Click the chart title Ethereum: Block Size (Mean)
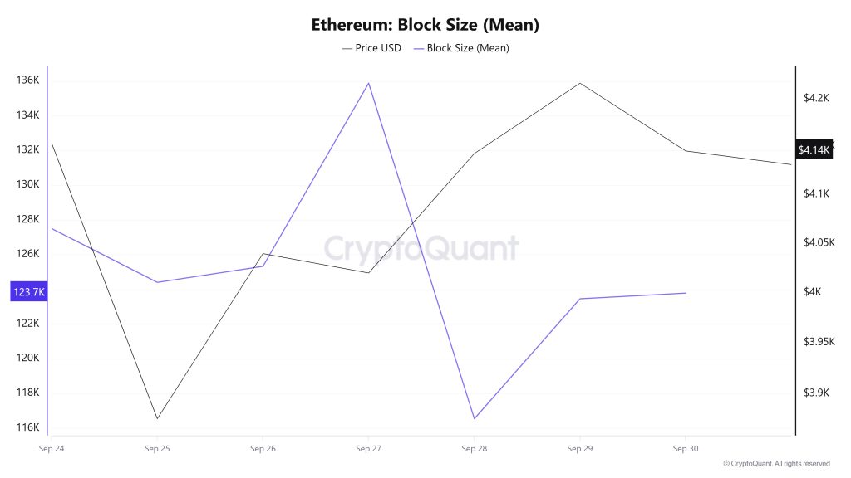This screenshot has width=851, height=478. pyautogui.click(x=425, y=24)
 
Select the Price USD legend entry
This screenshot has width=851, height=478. pyautogui.click(x=371, y=48)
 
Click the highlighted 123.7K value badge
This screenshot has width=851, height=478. pyautogui.click(x=28, y=291)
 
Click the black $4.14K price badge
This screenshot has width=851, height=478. pyautogui.click(x=814, y=150)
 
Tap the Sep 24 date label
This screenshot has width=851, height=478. pyautogui.click(x=52, y=449)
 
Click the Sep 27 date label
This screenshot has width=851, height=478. pyautogui.click(x=368, y=449)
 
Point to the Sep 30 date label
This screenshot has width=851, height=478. pyautogui.click(x=685, y=449)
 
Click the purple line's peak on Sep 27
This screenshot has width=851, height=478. pyautogui.click(x=368, y=83)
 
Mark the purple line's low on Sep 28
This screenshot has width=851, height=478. pyautogui.click(x=474, y=418)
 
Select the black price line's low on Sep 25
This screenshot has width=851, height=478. pyautogui.click(x=157, y=418)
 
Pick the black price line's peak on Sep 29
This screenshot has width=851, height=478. pyautogui.click(x=579, y=83)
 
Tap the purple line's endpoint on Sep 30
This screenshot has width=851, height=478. pyautogui.click(x=686, y=293)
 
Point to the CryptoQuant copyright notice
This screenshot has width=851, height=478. pyautogui.click(x=776, y=464)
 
